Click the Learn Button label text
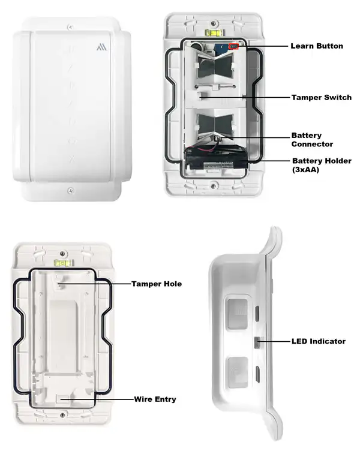pyautogui.click(x=317, y=46)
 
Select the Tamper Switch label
pyautogui.click(x=321, y=97)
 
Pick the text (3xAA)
pyautogui.click(x=306, y=170)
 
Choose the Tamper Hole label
pyautogui.click(x=157, y=284)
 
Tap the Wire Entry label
pyautogui.click(x=155, y=399)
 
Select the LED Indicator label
pyautogui.click(x=317, y=341)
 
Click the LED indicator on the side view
pyautogui.click(x=256, y=342)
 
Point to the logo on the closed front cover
pyautogui.click(x=100, y=46)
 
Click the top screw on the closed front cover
pyautogui.click(x=71, y=26)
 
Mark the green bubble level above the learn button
pyautogui.click(x=212, y=28)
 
